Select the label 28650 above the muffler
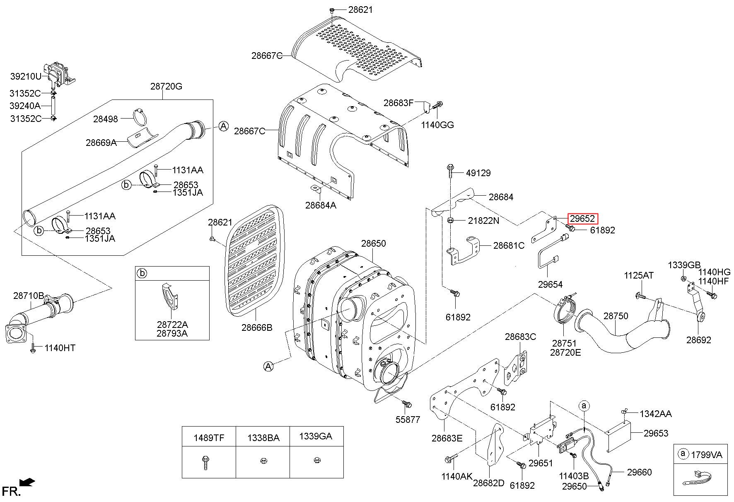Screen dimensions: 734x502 pyautogui.click(x=373, y=243)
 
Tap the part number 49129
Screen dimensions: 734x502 pyautogui.click(x=478, y=173)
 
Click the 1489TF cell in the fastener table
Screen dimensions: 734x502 pyautogui.click(x=209, y=437)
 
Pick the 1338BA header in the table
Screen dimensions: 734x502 pyautogui.click(x=263, y=437)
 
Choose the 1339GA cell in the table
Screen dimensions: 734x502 pyautogui.click(x=316, y=437)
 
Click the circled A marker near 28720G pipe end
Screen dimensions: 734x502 pyautogui.click(x=223, y=126)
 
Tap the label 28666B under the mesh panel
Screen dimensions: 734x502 pyautogui.click(x=257, y=327)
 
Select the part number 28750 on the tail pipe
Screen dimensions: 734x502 pyautogui.click(x=616, y=316)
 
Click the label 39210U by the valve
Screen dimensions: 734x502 pyautogui.click(x=26, y=76)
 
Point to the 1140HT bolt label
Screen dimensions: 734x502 pyautogui.click(x=60, y=348)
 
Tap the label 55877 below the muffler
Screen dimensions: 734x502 pyautogui.click(x=408, y=420)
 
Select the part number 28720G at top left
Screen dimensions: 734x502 pyautogui.click(x=166, y=86)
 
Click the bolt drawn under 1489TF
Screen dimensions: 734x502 pyautogui.click(x=205, y=462)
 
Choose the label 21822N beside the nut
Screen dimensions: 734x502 pyautogui.click(x=483, y=221)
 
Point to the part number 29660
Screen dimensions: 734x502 pyautogui.click(x=639, y=472)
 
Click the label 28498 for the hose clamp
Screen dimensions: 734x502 pyautogui.click(x=105, y=119)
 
